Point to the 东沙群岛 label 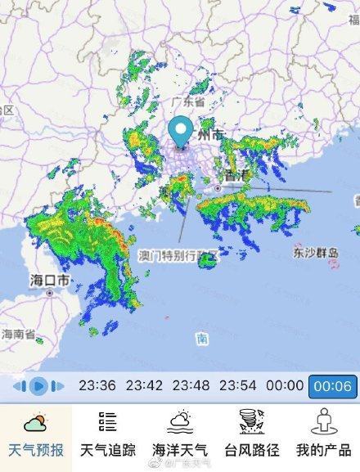pos(315,254)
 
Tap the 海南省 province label pos(18,334)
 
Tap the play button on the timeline pos(37,385)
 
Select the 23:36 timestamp pos(97,385)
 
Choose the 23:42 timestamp pos(144,385)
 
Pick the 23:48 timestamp pos(191,385)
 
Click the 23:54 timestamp pos(239,385)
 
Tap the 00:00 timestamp pos(285,385)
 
